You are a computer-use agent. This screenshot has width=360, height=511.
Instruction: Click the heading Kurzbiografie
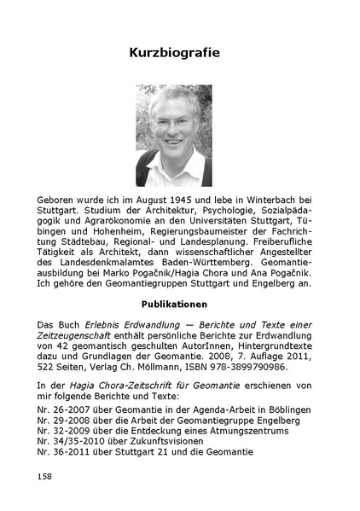(174, 53)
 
